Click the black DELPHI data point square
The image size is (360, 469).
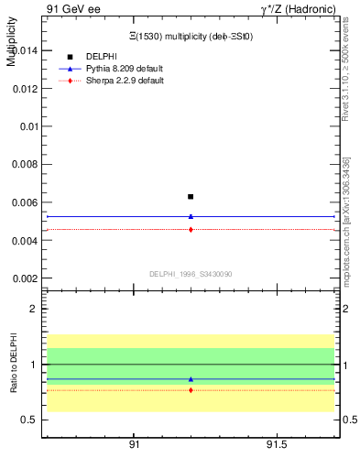point(191,196)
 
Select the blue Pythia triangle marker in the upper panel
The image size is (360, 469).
point(191,216)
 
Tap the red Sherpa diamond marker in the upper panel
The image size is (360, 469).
point(191,229)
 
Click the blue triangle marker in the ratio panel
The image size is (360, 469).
point(191,379)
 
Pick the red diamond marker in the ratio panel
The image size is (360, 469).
point(191,390)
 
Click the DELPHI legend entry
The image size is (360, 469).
point(101,57)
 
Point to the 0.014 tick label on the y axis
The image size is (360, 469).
point(25,51)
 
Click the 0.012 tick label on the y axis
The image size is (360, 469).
point(25,89)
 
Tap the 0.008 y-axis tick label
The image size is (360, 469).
point(25,165)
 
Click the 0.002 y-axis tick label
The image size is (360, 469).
point(25,278)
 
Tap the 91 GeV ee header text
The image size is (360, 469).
point(73,8)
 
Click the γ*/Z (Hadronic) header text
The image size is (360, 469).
point(298,8)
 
